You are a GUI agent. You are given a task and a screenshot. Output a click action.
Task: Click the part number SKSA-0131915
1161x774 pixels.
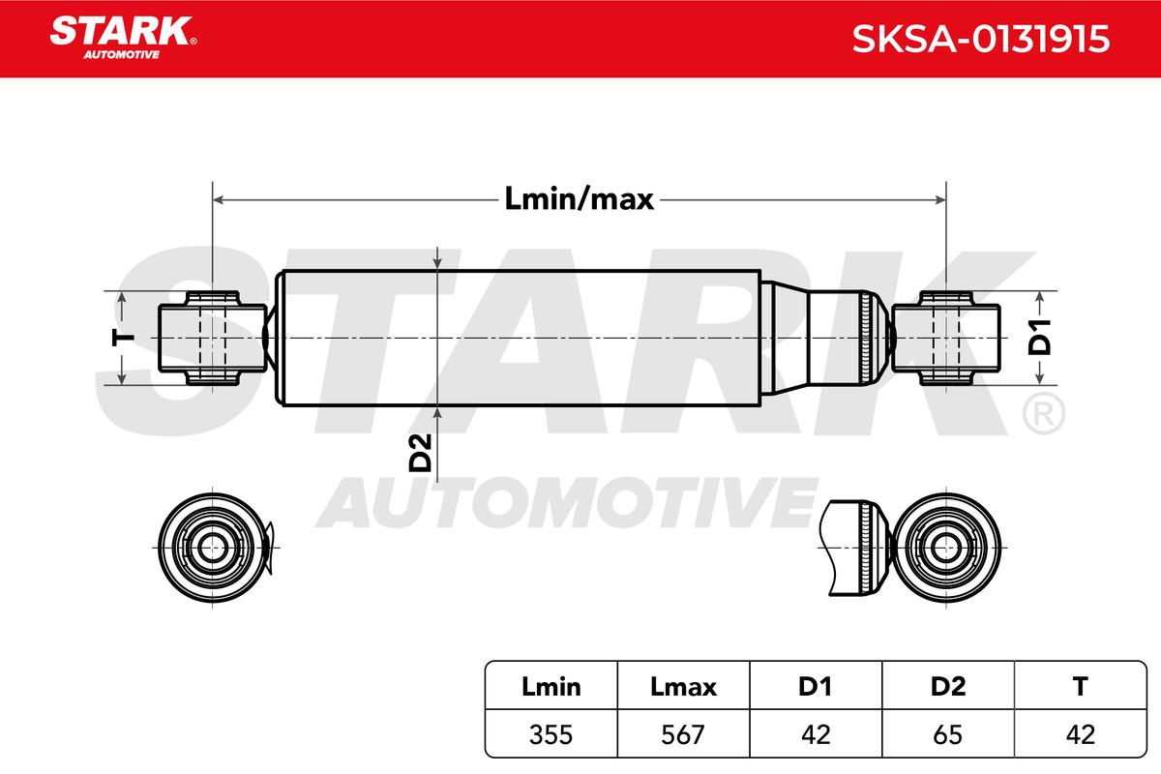click(979, 40)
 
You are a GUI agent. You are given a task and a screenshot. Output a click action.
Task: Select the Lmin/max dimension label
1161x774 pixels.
click(579, 199)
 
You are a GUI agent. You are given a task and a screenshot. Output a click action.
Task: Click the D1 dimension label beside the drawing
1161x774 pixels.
click(1038, 338)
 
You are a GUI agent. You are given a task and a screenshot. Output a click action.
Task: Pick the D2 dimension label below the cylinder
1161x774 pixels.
click(420, 453)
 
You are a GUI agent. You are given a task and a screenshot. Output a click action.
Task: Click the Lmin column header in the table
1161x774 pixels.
click(551, 687)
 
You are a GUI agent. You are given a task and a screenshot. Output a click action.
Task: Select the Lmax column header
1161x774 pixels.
click(683, 687)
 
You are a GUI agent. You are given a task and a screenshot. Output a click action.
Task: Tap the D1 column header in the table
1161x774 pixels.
click(815, 687)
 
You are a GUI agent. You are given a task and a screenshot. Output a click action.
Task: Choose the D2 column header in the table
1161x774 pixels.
click(947, 687)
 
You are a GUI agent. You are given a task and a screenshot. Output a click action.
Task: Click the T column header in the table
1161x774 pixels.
click(1080, 687)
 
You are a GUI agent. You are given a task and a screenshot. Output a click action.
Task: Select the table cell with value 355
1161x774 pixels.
click(551, 734)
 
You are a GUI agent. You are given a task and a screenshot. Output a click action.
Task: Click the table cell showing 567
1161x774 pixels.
click(683, 734)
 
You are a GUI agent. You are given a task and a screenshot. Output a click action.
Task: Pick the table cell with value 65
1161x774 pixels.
click(947, 734)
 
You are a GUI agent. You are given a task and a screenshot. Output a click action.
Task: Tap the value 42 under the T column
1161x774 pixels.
click(1080, 734)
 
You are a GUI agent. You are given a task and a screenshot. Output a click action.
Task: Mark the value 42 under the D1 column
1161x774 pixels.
click(815, 734)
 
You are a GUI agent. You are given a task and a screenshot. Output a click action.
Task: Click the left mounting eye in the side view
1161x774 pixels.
click(212, 337)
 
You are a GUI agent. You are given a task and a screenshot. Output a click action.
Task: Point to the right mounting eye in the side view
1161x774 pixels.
click(945, 337)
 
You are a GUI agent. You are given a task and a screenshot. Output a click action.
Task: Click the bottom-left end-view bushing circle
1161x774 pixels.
click(209, 547)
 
